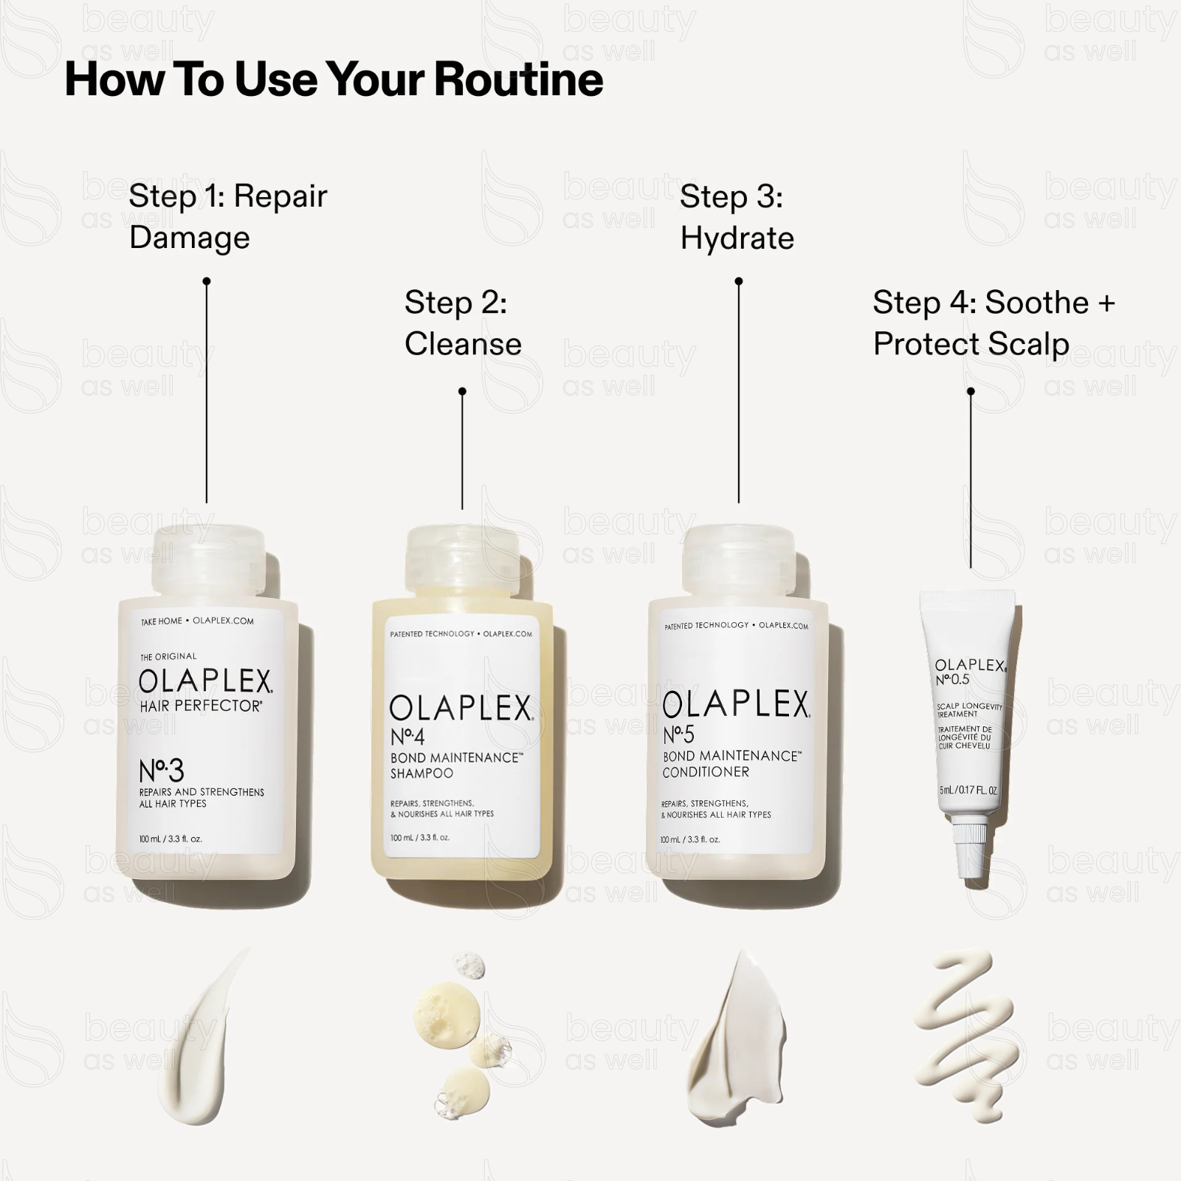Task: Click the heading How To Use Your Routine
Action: point(334,80)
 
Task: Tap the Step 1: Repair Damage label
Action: point(227,216)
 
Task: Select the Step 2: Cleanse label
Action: point(463,323)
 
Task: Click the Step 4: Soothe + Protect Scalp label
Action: point(994,323)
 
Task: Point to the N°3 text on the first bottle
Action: point(162,771)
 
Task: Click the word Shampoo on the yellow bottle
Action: point(421,774)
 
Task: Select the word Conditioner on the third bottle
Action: point(706,772)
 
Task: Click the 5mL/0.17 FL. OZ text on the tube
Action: point(968,790)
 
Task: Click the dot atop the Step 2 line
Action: point(462,391)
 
